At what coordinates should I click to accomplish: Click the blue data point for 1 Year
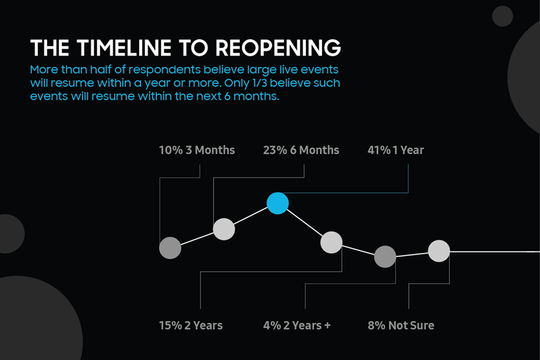click(x=278, y=203)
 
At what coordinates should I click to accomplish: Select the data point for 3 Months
click(x=170, y=247)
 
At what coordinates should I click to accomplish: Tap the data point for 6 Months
click(x=224, y=229)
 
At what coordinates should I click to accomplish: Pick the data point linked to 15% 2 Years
click(x=331, y=242)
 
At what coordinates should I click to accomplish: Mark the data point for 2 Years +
click(x=385, y=257)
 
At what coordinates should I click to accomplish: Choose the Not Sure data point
click(x=439, y=251)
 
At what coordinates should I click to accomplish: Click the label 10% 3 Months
click(x=197, y=150)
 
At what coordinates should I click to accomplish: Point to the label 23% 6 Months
click(x=301, y=150)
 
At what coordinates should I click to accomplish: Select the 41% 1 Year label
click(x=396, y=150)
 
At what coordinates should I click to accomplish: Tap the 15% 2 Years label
click(x=191, y=326)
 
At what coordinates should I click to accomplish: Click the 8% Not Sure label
click(x=401, y=326)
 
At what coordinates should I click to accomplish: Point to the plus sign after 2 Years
click(x=327, y=326)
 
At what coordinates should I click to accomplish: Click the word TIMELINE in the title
click(x=124, y=48)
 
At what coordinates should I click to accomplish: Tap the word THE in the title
click(x=50, y=48)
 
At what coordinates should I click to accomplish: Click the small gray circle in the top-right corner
click(x=503, y=16)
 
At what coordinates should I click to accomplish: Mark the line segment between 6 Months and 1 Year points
click(x=251, y=217)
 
